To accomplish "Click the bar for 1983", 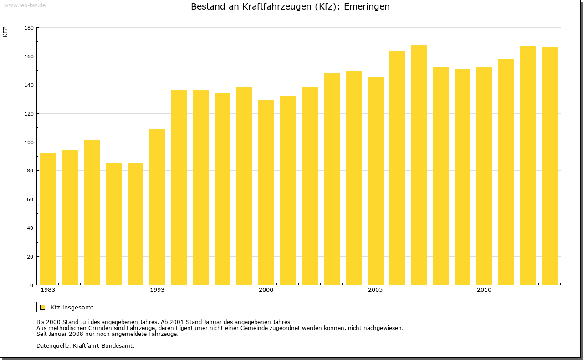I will tap(48, 219).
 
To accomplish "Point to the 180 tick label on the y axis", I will tap(29, 28).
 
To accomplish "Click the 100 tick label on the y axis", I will tap(29, 142).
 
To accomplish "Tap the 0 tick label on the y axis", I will tap(32, 285).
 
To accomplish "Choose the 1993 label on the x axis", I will tap(157, 290).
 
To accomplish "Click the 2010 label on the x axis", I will tap(484, 290).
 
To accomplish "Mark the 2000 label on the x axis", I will tap(266, 290).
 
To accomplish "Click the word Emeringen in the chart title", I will tap(367, 7).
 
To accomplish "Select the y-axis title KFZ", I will tap(5, 32).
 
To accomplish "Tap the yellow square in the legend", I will tap(43, 307).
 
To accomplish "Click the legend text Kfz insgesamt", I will tap(72, 307).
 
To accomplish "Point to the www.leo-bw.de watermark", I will tap(24, 5).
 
